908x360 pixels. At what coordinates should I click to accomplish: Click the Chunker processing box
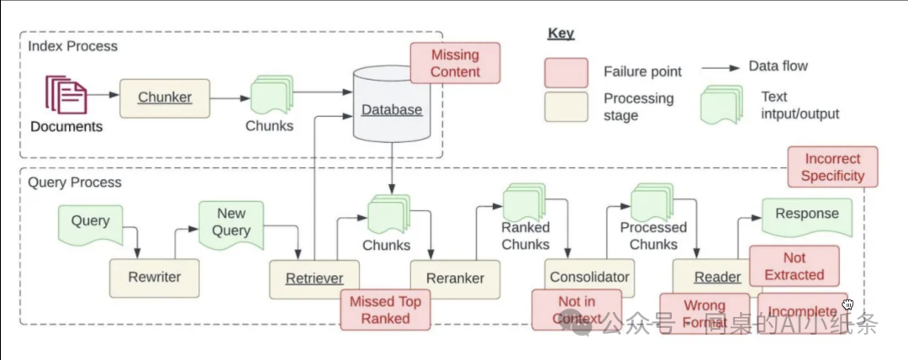pyautogui.click(x=165, y=98)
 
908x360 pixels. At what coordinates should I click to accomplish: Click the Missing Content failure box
pyautogui.click(x=455, y=63)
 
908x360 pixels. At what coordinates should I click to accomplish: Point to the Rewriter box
pyautogui.click(x=155, y=277)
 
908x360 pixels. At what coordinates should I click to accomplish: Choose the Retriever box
pyautogui.click(x=314, y=278)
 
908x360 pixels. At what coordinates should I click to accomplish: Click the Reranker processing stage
pyautogui.click(x=455, y=278)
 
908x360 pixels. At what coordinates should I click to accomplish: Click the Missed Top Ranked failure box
pyautogui.click(x=385, y=310)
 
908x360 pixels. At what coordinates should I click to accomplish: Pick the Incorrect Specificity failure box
pyautogui.click(x=832, y=167)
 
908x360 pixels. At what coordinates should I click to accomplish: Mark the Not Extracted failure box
pyautogui.click(x=794, y=266)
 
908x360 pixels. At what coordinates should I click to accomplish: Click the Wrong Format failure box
pyautogui.click(x=704, y=314)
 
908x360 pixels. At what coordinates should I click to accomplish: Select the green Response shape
pyautogui.click(x=806, y=215)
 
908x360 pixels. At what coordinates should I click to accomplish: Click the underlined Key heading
pyautogui.click(x=560, y=34)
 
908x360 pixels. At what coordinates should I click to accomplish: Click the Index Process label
pyautogui.click(x=73, y=45)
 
